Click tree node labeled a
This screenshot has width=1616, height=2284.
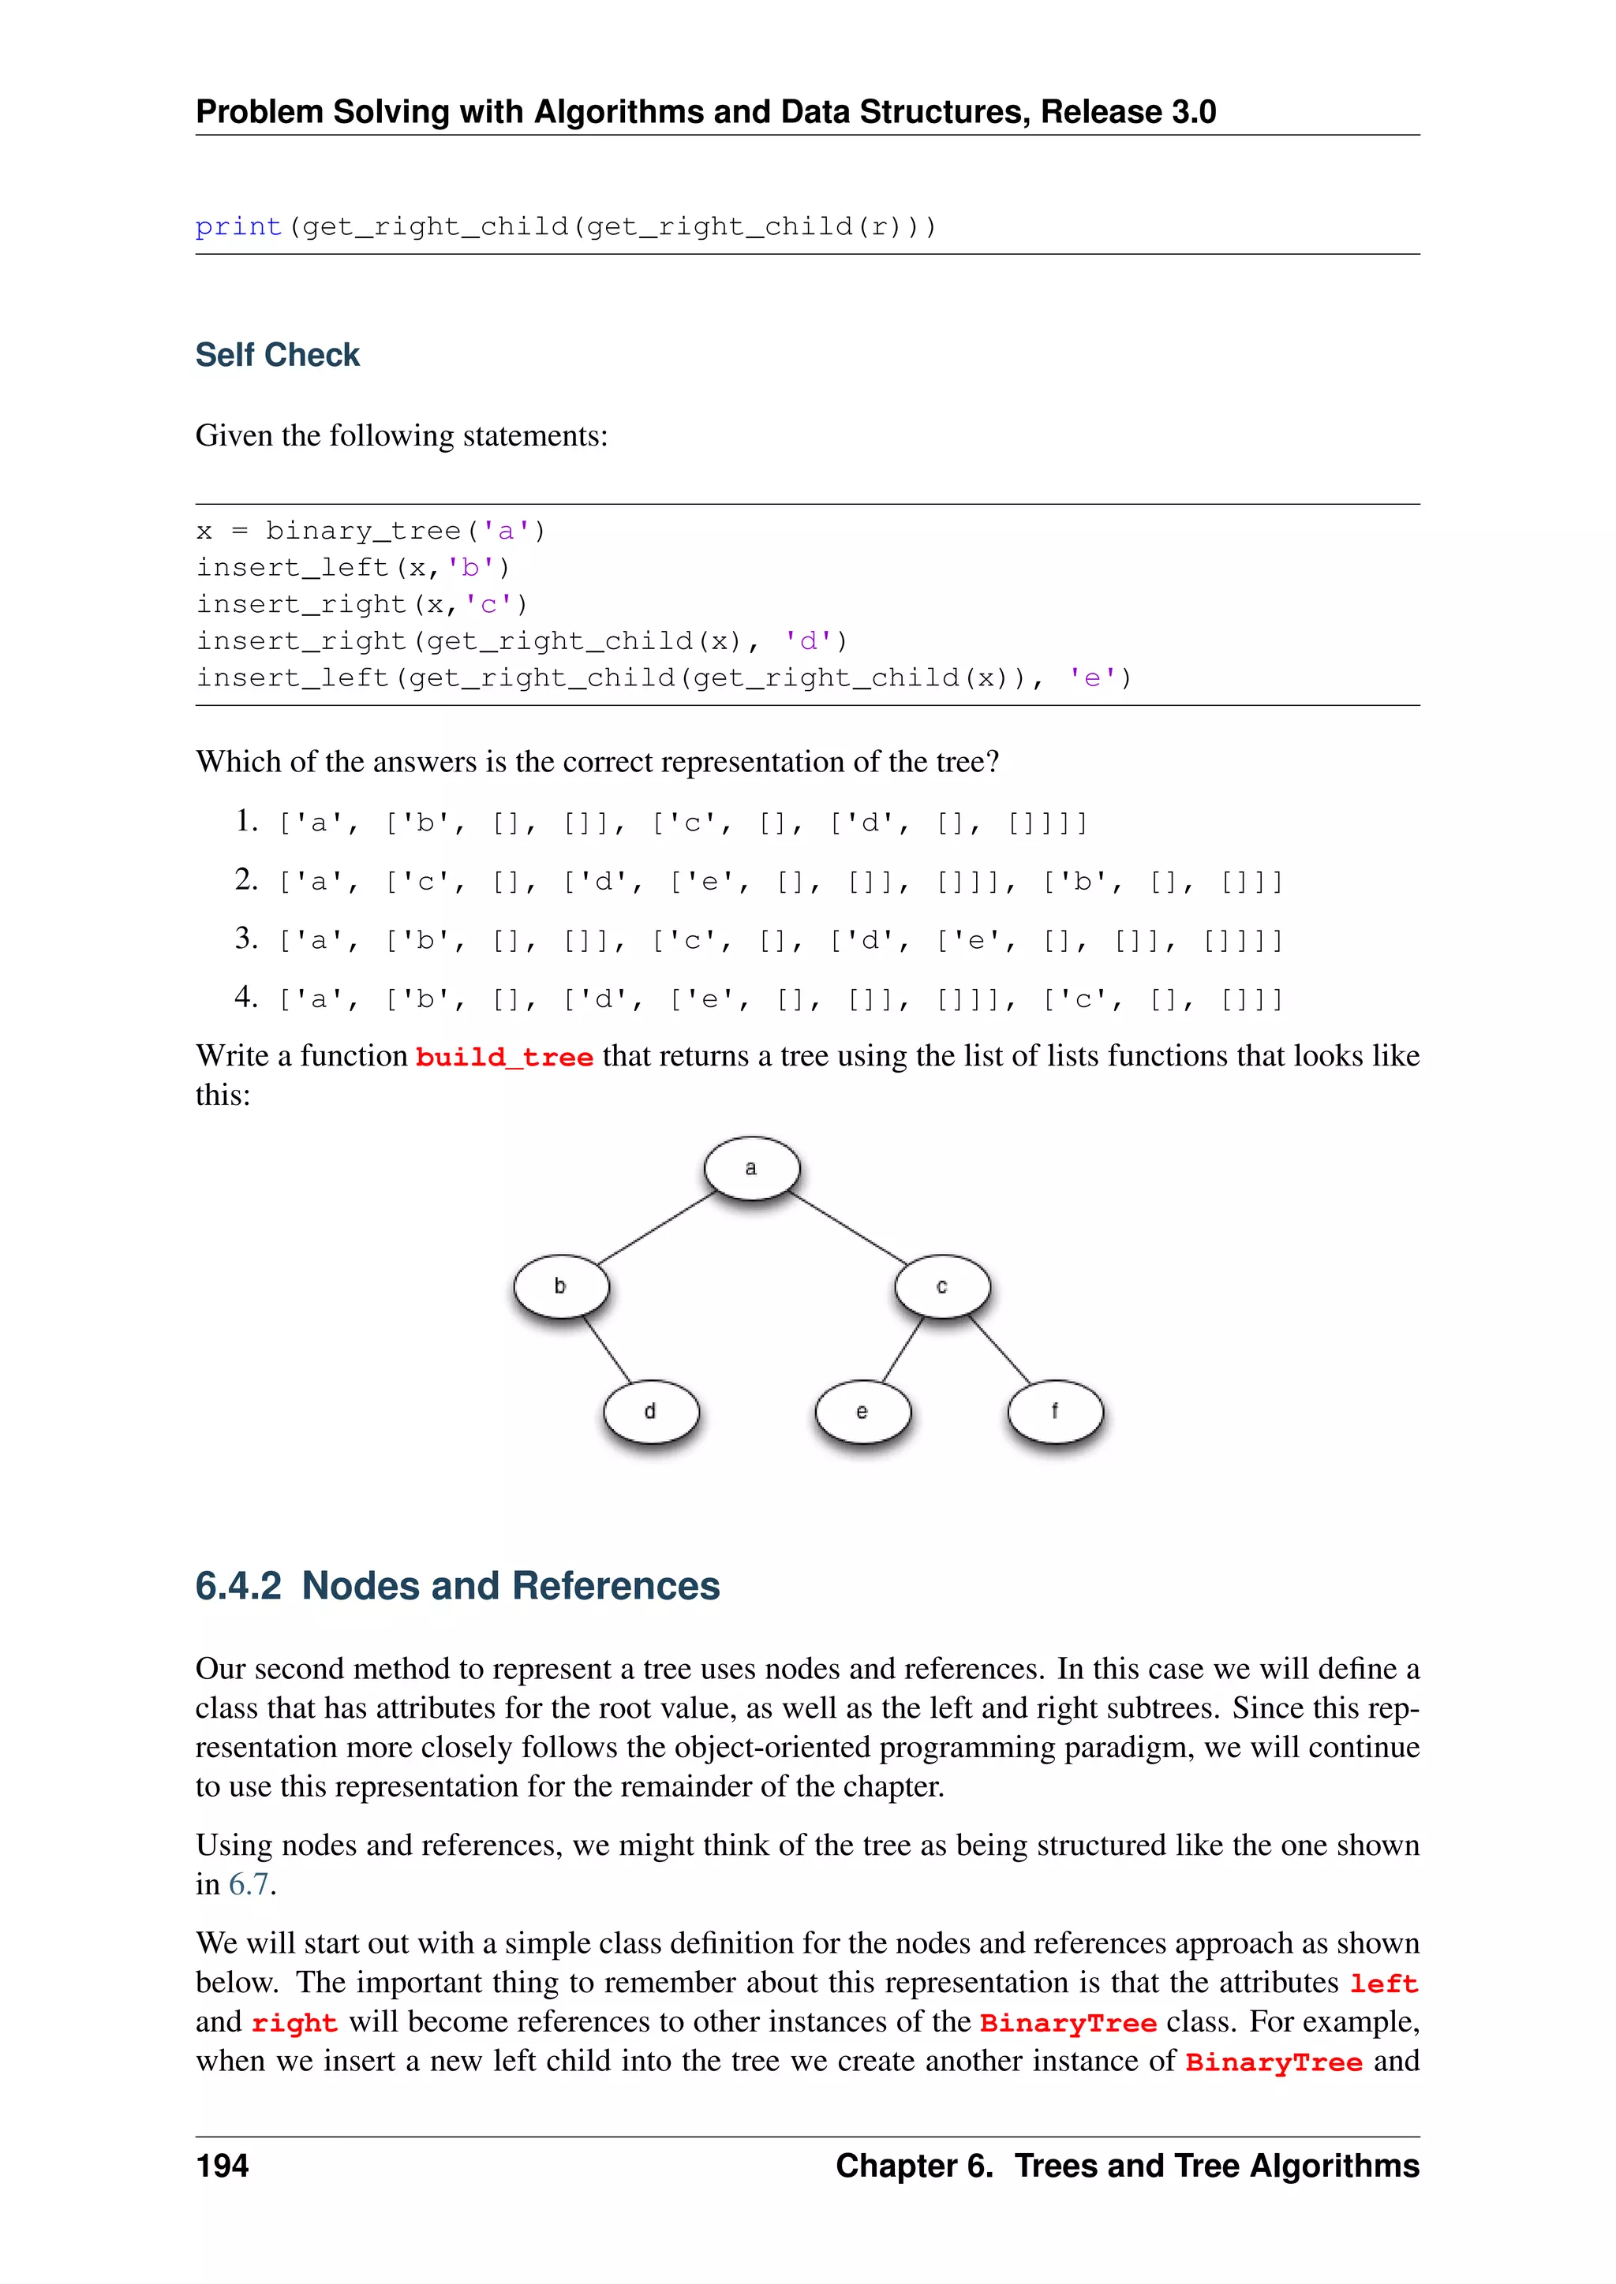click(x=751, y=1168)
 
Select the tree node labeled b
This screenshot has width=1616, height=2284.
click(x=561, y=1286)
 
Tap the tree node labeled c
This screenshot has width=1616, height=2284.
click(x=941, y=1286)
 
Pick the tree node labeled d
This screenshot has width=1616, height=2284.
click(x=651, y=1411)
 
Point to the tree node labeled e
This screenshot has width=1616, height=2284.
click(x=862, y=1412)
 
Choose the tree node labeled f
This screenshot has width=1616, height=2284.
click(x=1055, y=1411)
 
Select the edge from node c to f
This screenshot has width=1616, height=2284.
click(x=1000, y=1350)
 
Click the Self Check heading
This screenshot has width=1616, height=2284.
click(x=278, y=355)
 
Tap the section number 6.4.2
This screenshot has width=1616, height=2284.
click(x=239, y=1586)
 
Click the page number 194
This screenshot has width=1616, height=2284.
click(x=222, y=2166)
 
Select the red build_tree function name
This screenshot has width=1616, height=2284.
click(x=503, y=1058)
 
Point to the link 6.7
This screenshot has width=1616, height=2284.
click(x=249, y=1884)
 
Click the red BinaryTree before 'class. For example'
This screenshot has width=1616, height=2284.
click(x=1068, y=2024)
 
